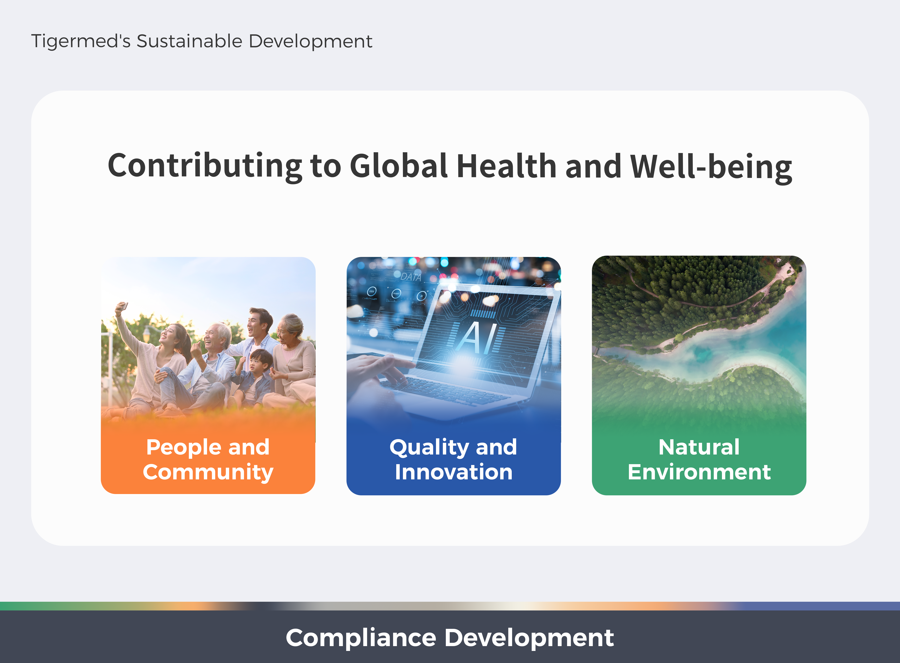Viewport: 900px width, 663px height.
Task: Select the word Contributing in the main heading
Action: point(205,167)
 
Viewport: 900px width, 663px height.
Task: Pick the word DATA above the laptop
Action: point(411,277)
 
